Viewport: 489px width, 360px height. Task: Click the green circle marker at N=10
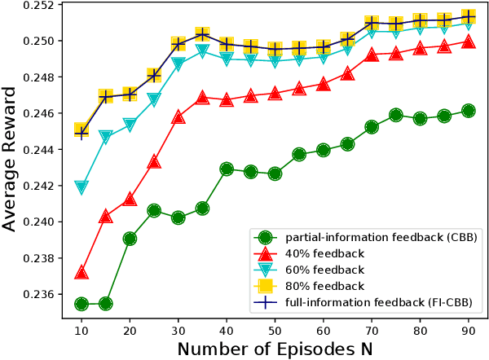pos(81,304)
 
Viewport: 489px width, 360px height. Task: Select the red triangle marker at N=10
pos(81,272)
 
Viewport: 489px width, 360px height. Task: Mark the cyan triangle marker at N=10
pos(81,187)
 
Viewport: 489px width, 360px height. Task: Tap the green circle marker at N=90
pos(468,111)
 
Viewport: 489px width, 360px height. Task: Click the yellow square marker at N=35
pos(202,34)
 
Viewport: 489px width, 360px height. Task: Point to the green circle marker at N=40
pos(227,169)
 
